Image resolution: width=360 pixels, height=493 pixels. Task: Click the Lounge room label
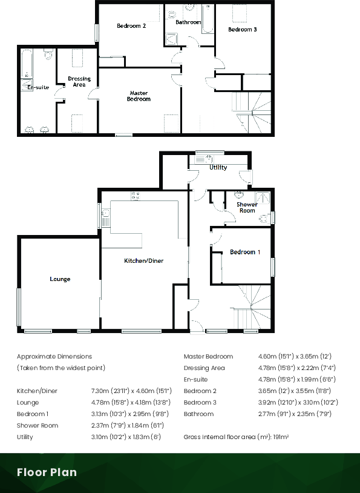click(x=60, y=279)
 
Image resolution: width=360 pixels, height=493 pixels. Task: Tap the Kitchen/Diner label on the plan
click(x=144, y=260)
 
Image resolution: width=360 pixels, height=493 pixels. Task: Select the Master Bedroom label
click(x=139, y=96)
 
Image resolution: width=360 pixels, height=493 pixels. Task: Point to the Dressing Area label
click(x=79, y=82)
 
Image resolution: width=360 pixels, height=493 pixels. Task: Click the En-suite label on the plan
click(x=38, y=88)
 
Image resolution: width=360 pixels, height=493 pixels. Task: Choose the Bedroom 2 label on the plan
click(x=131, y=26)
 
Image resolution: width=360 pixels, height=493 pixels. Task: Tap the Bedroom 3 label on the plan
click(x=243, y=29)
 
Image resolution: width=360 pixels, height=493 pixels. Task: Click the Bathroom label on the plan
click(x=188, y=22)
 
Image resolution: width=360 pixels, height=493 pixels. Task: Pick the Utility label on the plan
click(x=218, y=168)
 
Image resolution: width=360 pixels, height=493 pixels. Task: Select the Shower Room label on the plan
click(x=247, y=207)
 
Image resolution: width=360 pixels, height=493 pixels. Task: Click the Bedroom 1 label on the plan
click(x=245, y=252)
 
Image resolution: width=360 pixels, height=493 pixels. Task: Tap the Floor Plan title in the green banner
click(x=47, y=472)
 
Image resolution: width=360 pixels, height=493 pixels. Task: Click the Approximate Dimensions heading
click(x=54, y=357)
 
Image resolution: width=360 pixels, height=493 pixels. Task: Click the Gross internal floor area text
click(x=236, y=437)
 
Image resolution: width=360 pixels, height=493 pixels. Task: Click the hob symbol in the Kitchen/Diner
click(x=136, y=195)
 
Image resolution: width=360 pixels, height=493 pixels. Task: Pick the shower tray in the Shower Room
click(x=263, y=197)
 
